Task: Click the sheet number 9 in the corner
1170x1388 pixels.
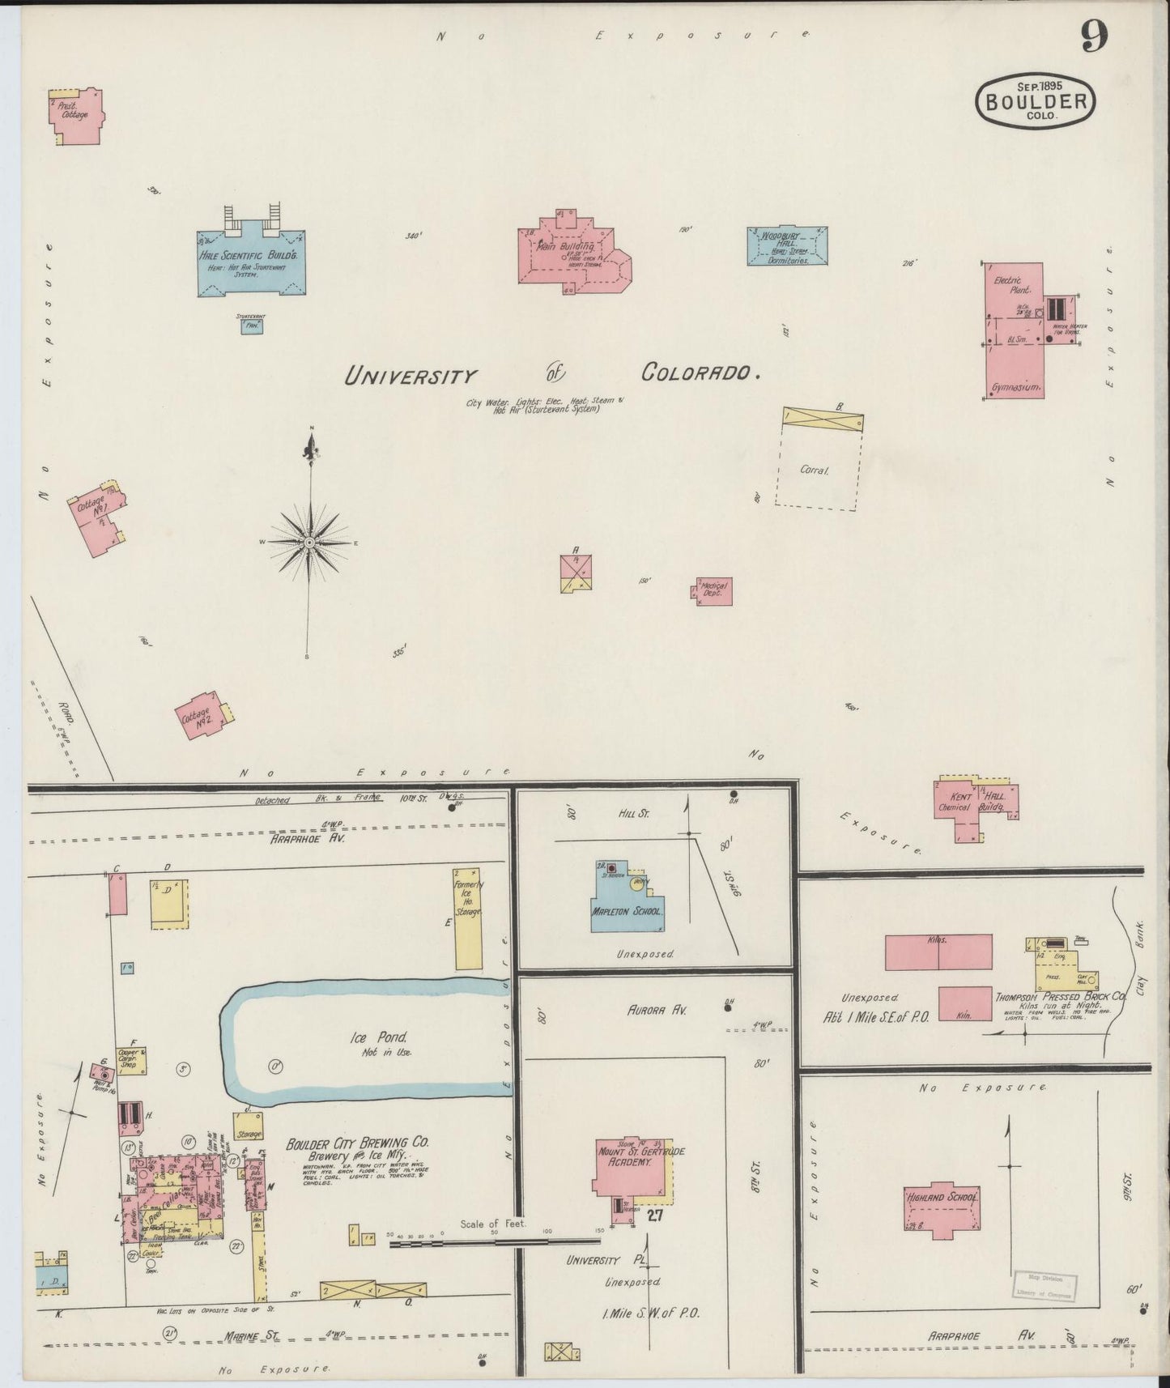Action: coord(1093,36)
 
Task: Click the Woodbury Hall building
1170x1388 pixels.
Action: coord(787,246)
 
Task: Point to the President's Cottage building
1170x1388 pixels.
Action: coord(75,115)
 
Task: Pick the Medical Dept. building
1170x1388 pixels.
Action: coord(715,592)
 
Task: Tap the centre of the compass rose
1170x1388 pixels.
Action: coord(309,542)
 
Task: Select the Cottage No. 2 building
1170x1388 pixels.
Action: coord(203,716)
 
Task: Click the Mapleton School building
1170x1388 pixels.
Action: coord(628,905)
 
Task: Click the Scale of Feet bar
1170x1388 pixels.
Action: coord(496,1242)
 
